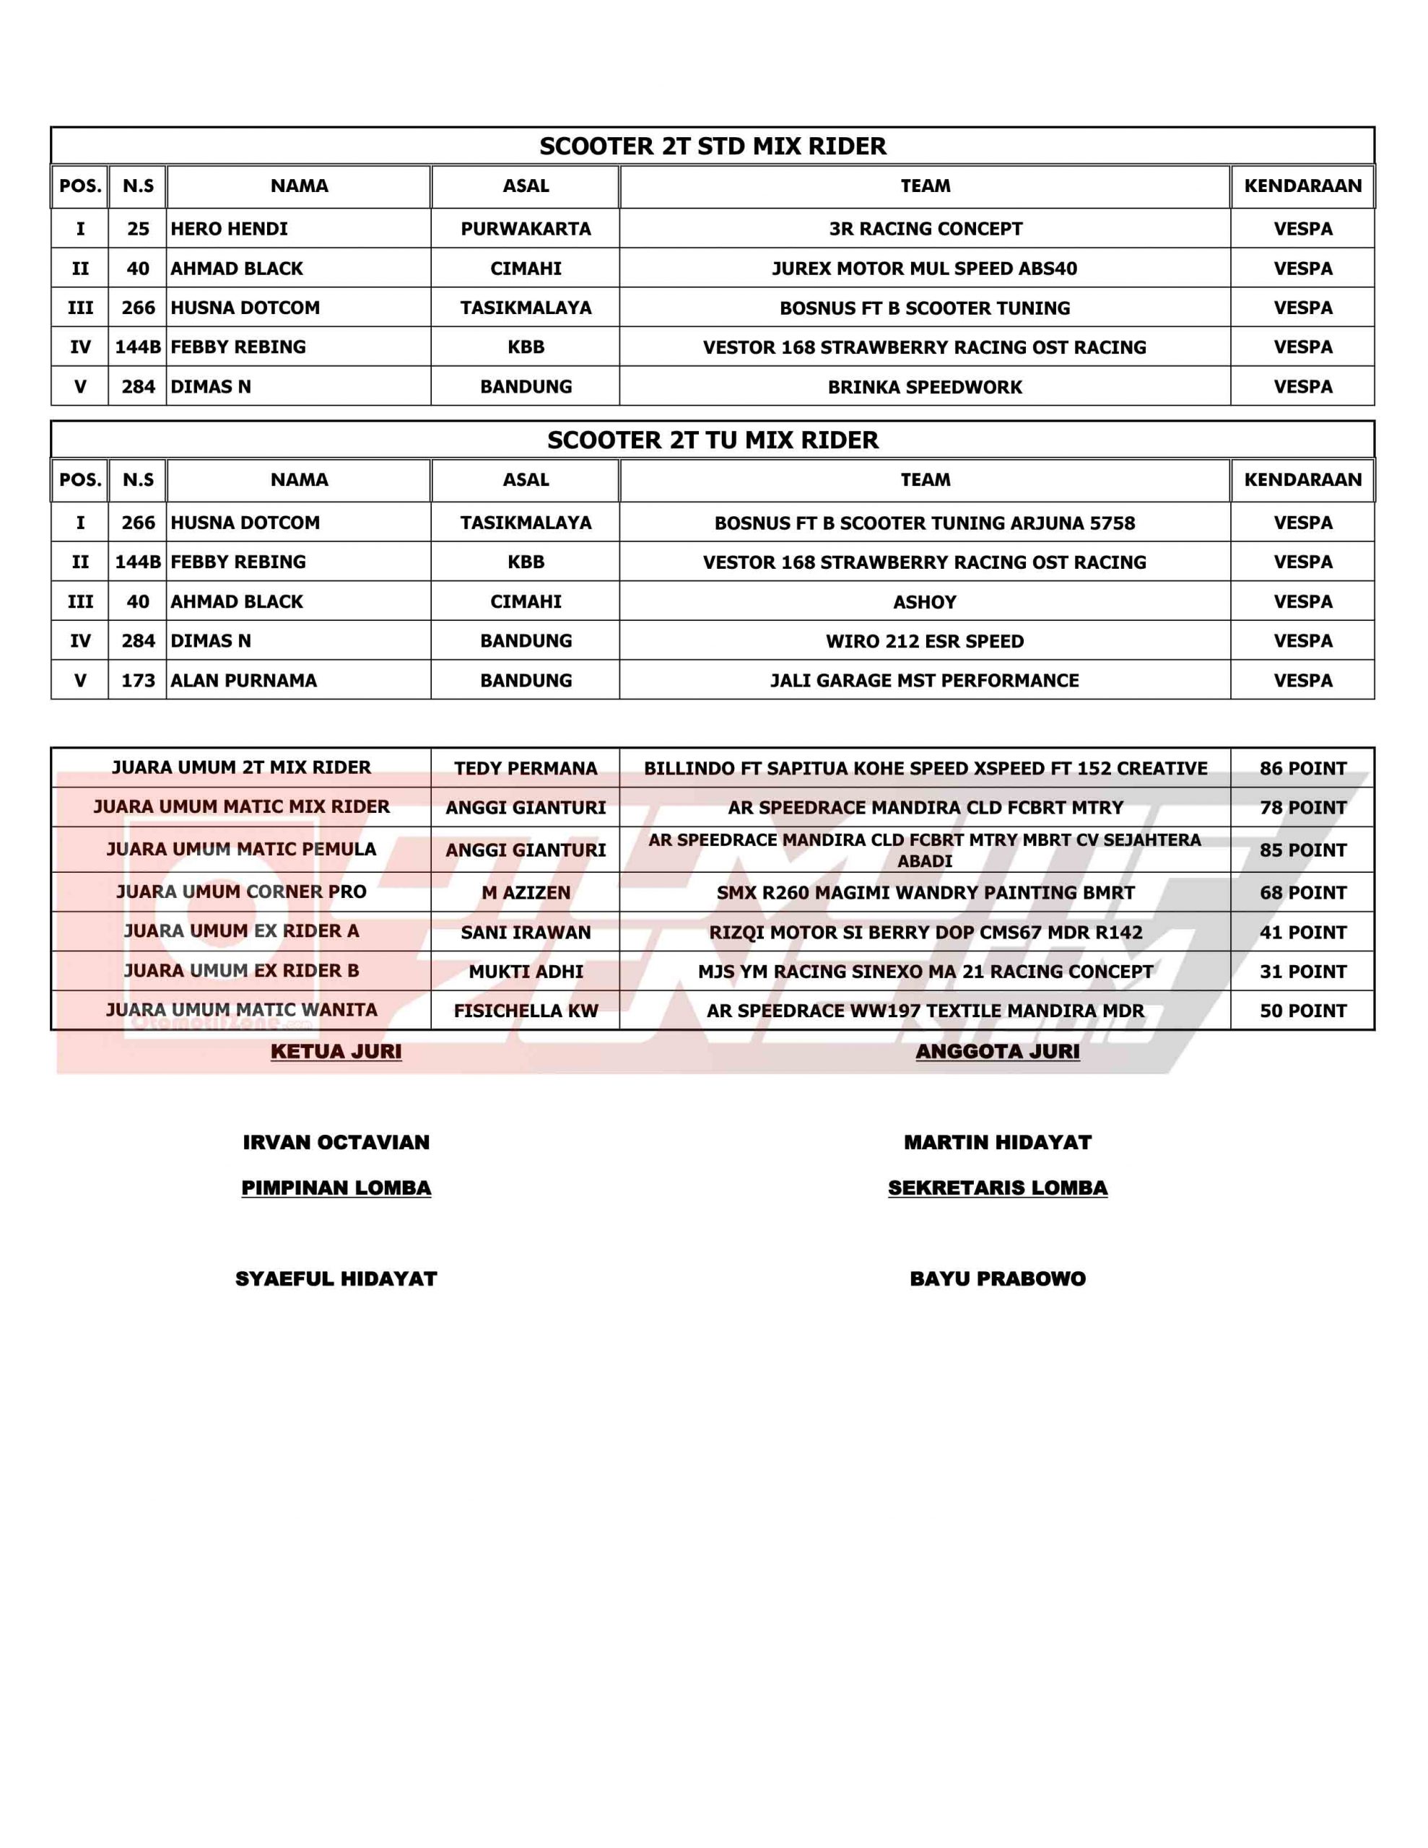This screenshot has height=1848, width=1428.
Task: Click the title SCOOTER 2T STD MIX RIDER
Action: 713,147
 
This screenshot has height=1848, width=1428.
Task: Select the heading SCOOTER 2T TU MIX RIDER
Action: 713,440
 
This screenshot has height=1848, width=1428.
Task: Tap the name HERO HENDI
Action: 230,228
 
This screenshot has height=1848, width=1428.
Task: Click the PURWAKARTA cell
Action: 526,228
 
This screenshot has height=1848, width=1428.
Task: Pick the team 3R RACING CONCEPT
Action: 926,228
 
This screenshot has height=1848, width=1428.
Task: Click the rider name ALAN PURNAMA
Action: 244,680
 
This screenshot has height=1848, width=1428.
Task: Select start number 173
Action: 138,680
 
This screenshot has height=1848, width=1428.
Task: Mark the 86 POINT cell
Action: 1302,768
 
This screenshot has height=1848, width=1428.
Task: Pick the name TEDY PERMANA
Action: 526,768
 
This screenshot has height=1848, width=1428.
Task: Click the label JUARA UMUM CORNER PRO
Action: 241,892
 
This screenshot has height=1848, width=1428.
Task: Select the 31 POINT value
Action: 1302,972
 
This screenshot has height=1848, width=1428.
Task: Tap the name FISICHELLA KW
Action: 526,1011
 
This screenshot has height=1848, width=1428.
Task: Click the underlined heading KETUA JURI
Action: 336,1051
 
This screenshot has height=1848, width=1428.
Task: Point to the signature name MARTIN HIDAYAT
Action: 997,1142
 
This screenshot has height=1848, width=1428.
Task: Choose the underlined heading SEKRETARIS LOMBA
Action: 997,1188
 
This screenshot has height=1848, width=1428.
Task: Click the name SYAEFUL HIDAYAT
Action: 336,1278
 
